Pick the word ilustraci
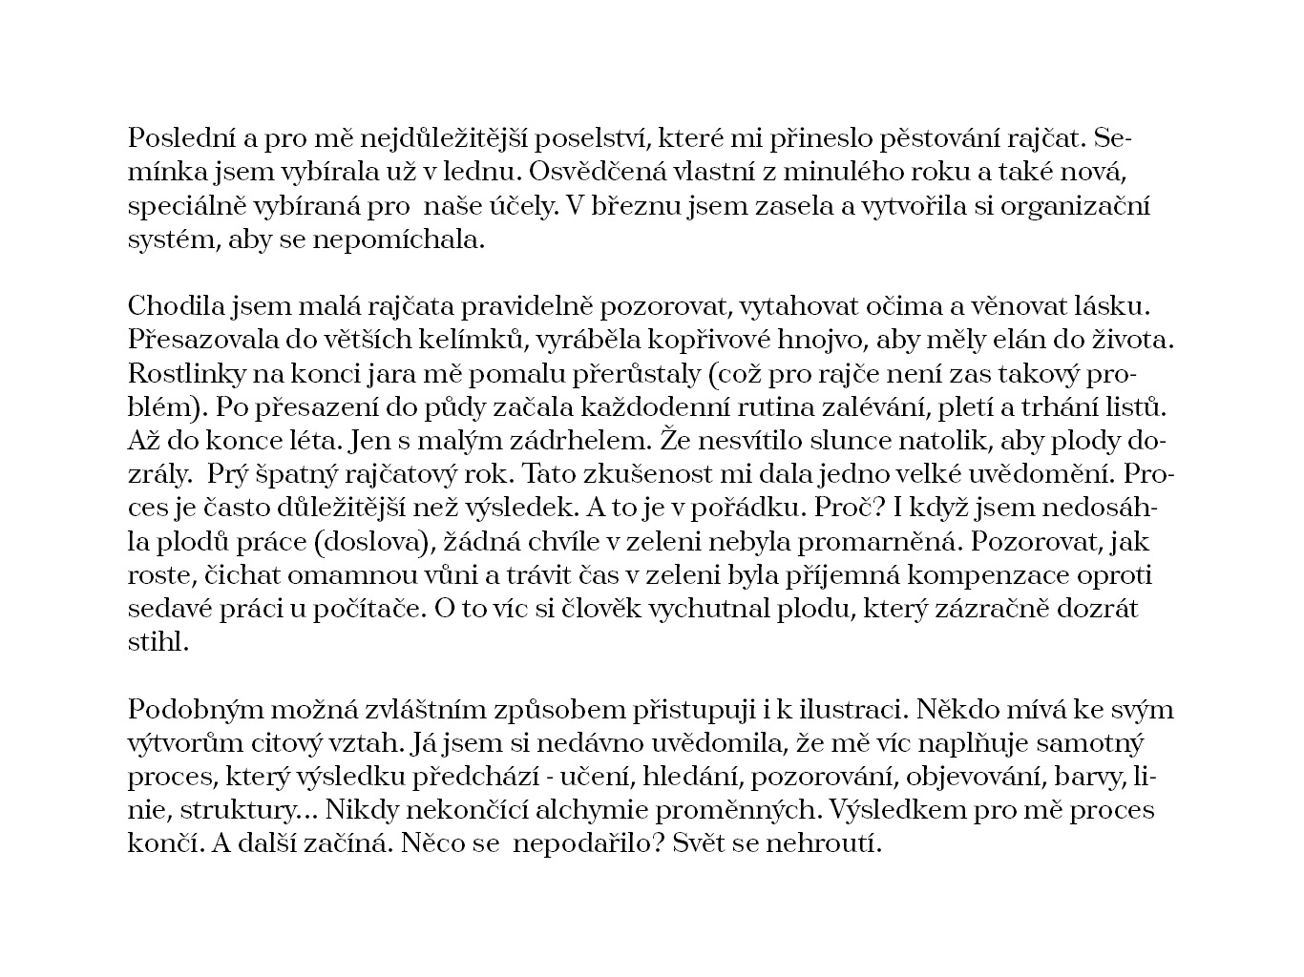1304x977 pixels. coord(844,711)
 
